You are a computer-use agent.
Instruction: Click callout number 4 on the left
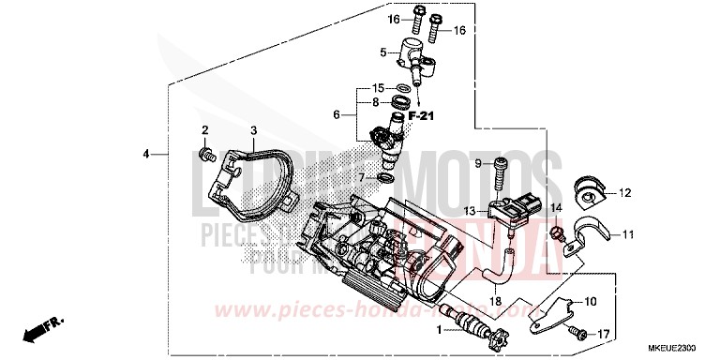(145, 153)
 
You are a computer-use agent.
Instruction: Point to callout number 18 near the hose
(494, 302)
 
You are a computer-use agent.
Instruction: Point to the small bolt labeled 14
(555, 230)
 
